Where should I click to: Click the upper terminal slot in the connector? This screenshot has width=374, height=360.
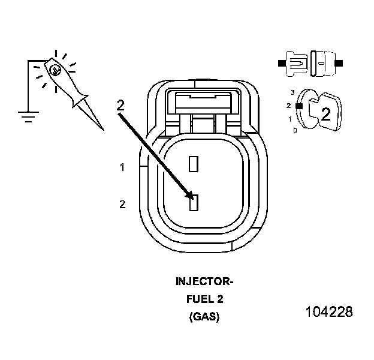pos(193,163)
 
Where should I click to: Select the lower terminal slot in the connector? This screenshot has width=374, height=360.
pos(193,203)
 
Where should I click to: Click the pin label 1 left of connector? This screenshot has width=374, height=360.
pos(122,168)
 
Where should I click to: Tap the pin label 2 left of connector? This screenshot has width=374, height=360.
pos(122,205)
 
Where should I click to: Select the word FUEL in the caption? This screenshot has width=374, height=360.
pos(194,299)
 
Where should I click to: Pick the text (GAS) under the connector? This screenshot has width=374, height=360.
pos(204,317)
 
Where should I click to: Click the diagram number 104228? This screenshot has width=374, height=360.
pos(328,313)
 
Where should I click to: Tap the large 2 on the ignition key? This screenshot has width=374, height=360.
pos(325,114)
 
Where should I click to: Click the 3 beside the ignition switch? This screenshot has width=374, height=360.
pos(292,92)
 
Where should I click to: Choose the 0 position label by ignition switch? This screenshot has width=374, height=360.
pos(294,130)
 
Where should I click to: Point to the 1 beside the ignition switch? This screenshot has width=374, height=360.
pos(290,119)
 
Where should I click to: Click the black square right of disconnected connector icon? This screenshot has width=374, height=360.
pos(339,62)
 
